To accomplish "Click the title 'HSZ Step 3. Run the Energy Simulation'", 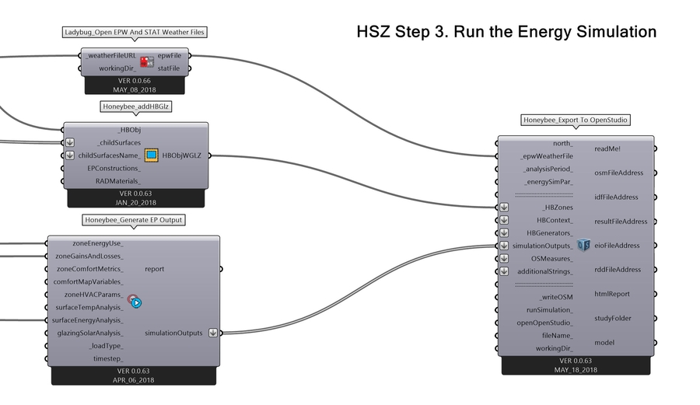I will coord(506,32).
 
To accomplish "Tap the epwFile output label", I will coord(169,56).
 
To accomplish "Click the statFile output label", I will coord(169,68).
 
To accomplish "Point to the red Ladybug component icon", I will coord(147,62).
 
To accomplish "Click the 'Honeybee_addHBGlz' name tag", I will coord(135,107).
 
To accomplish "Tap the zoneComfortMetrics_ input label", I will coord(89,268).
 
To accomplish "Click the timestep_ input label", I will coord(108,358).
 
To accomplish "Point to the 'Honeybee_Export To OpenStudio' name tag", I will coord(576,120).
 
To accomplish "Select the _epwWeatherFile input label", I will coord(546,156).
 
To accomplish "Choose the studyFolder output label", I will coord(611,318).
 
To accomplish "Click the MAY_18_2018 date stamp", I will coord(575,370).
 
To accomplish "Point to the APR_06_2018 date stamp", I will coord(134,380).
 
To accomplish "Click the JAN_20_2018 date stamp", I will coord(135,202).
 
